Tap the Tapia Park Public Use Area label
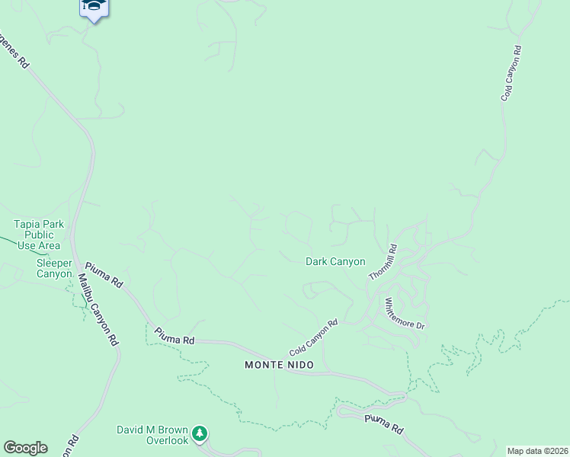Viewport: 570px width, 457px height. click(37, 235)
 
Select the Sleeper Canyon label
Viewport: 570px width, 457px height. click(54, 268)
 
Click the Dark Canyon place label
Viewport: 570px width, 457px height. click(335, 261)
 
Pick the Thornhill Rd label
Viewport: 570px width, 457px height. click(383, 261)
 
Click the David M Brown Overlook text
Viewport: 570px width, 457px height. click(152, 435)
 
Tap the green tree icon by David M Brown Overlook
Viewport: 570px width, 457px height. click(200, 433)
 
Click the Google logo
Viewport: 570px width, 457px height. click(25, 448)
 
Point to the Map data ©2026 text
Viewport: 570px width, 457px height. click(538, 451)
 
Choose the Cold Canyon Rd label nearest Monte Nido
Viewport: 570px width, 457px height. click(313, 338)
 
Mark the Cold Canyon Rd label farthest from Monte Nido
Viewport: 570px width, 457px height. click(511, 74)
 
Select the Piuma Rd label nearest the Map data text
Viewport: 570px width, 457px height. click(383, 424)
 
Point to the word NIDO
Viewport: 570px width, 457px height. click(293, 365)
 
